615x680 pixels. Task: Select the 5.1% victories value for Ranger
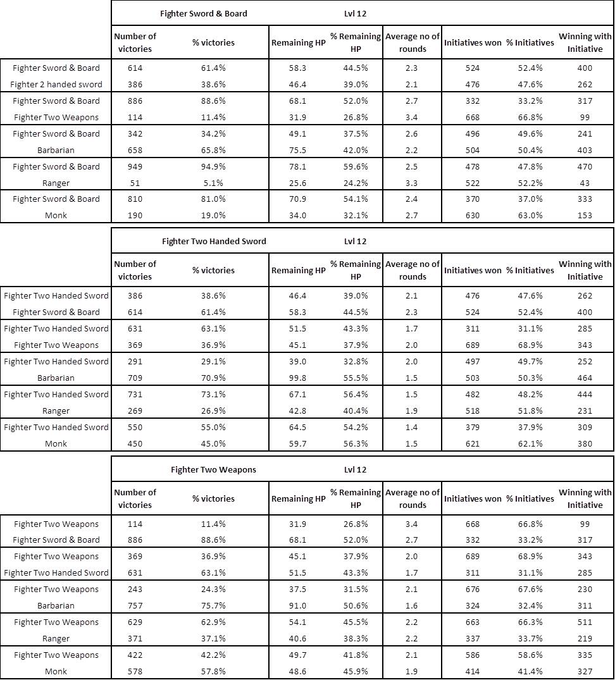click(x=213, y=183)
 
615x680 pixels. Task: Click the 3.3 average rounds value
click(x=413, y=183)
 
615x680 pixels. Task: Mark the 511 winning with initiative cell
click(x=585, y=622)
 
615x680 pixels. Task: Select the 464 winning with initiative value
click(x=585, y=378)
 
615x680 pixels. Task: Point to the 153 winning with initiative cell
click(x=585, y=216)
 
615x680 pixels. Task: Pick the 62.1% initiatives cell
click(x=530, y=444)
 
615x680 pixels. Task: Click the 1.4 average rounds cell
click(x=413, y=428)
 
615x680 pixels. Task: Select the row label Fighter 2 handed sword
click(x=56, y=85)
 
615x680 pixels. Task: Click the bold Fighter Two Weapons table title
click(x=213, y=470)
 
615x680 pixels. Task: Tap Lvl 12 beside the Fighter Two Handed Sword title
click(x=355, y=242)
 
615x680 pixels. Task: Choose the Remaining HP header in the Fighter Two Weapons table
click(x=298, y=499)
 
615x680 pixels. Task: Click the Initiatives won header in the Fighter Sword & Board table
click(x=473, y=42)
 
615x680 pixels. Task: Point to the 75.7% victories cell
click(x=213, y=606)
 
